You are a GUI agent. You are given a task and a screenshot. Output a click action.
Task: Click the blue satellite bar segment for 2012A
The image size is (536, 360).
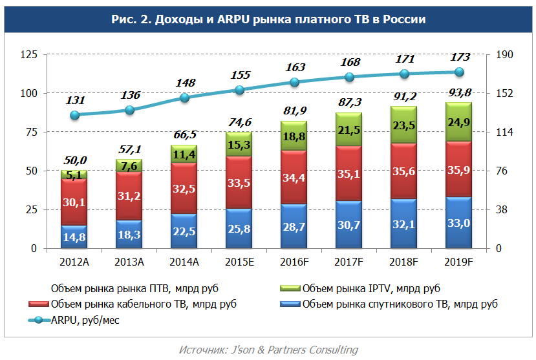tap(74, 237)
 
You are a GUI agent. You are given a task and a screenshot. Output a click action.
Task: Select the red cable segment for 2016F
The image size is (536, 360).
tap(294, 177)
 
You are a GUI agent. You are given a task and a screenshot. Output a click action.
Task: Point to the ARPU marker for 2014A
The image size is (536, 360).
tap(184, 98)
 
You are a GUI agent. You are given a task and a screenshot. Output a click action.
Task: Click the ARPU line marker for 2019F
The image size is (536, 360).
tap(459, 72)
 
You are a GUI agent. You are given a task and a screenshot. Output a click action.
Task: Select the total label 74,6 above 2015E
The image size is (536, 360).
tap(240, 122)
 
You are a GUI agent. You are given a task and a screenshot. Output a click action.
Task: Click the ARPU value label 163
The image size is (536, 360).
tap(294, 67)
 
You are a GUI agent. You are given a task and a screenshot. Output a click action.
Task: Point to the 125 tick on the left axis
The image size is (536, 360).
tap(28, 55)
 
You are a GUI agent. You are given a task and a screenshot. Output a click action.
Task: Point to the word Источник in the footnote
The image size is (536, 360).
tap(202, 350)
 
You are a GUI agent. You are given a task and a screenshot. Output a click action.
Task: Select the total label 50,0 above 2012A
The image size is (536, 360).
tap(76, 160)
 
